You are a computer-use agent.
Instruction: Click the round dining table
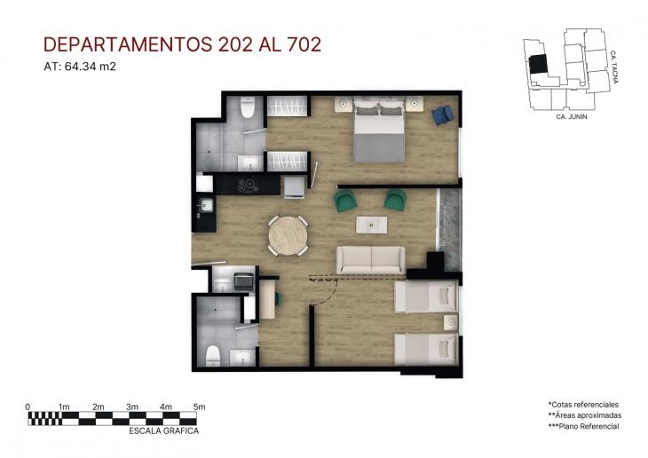click(x=288, y=236)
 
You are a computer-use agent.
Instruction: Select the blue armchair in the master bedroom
click(x=443, y=114)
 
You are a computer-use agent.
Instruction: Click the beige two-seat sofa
click(x=370, y=259)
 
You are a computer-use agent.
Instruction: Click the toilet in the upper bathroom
click(x=248, y=107)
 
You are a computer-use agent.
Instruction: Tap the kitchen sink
click(x=205, y=206)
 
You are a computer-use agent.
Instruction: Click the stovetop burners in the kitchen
click(x=246, y=185)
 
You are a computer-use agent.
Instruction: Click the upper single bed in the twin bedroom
click(x=425, y=296)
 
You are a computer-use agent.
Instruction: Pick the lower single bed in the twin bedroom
click(x=425, y=348)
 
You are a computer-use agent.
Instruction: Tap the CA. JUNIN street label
click(x=573, y=116)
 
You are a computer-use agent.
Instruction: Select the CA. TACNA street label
click(x=614, y=69)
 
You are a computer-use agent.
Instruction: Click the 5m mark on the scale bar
click(x=199, y=407)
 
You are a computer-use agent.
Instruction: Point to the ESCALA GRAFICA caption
click(x=164, y=430)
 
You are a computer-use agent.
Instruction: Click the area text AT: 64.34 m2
click(x=80, y=66)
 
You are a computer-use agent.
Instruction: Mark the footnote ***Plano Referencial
click(x=583, y=427)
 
